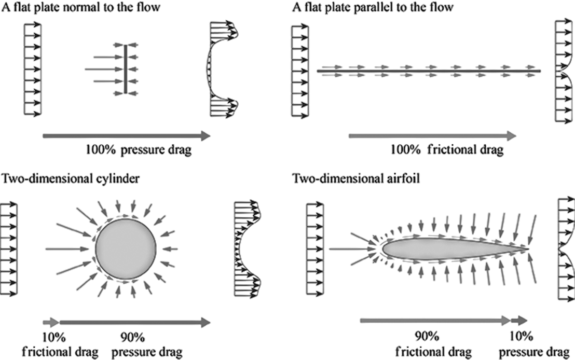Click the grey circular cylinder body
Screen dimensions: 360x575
(x=126, y=248)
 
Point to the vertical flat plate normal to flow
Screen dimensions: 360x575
(x=125, y=69)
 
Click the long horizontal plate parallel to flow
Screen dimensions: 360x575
(x=429, y=71)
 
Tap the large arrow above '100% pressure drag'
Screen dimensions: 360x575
(x=126, y=136)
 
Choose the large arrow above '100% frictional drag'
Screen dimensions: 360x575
(x=433, y=136)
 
